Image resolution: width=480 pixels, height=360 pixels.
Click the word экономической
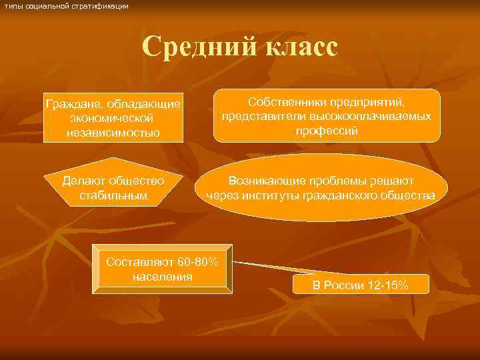coord(113,118)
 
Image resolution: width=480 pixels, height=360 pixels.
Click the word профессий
coord(327,131)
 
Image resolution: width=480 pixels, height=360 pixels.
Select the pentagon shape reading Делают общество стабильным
coord(113,182)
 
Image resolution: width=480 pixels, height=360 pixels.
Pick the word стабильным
coord(113,196)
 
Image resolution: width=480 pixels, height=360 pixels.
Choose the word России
coord(345,285)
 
